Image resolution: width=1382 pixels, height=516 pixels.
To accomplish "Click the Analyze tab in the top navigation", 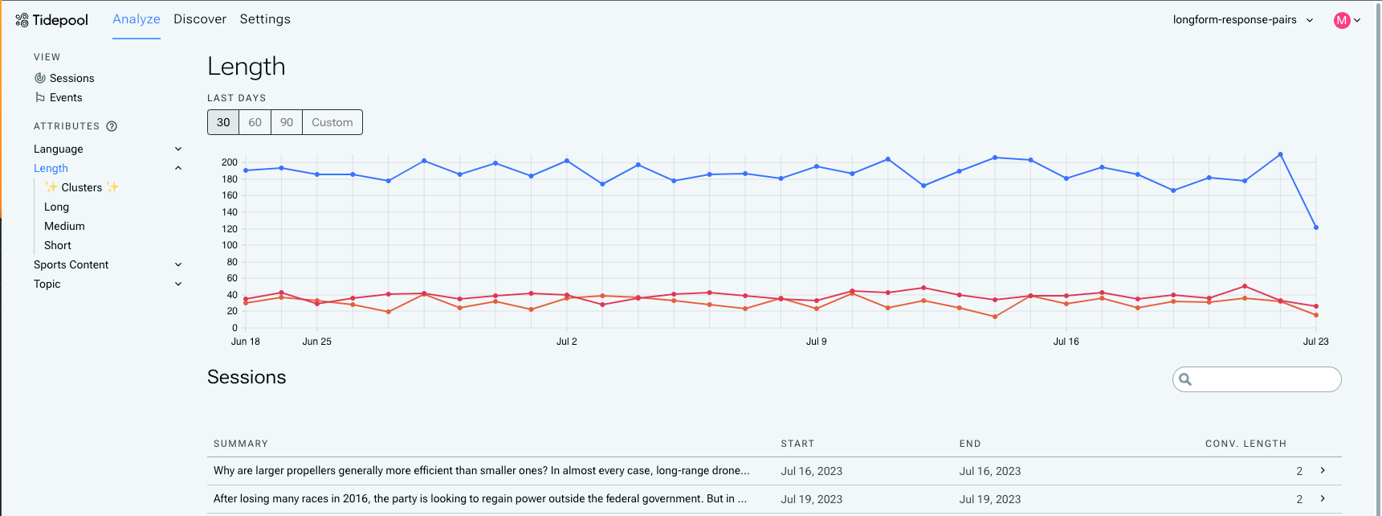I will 136,19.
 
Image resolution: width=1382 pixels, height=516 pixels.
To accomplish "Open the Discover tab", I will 200,19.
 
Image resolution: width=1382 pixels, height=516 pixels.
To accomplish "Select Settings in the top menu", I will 265,19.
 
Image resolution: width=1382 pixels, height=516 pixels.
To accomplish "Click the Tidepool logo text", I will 60,20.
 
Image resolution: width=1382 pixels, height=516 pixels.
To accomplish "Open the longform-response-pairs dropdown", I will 1242,20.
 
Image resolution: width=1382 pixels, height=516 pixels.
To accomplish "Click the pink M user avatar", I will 1341,21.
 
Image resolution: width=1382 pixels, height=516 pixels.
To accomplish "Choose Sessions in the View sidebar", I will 71,78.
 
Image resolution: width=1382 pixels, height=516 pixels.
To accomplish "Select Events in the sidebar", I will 66,97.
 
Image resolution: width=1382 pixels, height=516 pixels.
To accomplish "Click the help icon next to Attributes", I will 112,126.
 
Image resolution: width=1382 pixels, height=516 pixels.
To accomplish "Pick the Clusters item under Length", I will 82,187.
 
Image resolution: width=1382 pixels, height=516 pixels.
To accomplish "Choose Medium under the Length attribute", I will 64,226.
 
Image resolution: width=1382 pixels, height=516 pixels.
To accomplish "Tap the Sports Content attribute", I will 71,264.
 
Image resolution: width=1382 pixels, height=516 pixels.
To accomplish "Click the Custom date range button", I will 332,122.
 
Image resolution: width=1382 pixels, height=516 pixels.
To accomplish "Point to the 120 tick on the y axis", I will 230,229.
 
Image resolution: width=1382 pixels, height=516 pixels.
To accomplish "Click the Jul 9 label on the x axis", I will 816,342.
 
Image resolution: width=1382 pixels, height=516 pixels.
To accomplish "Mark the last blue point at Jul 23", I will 1316,227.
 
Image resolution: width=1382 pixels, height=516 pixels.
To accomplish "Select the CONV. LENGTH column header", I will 1245,444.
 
